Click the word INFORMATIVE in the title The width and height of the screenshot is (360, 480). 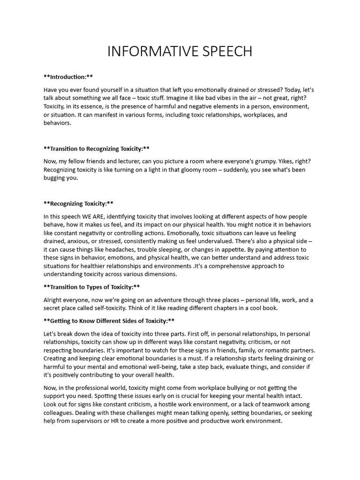tap(151, 51)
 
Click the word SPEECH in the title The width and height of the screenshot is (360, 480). tap(226, 51)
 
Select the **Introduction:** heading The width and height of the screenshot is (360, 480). tap(71, 76)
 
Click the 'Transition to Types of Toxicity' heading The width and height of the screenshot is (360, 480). tap(91, 287)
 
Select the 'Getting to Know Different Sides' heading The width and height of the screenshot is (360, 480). tap(109, 321)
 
